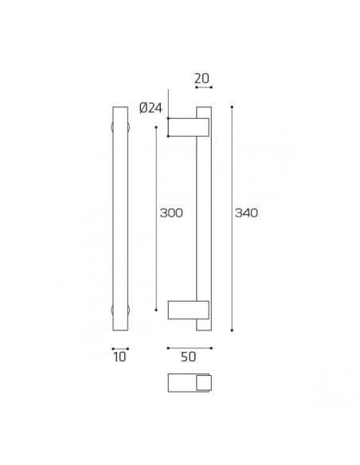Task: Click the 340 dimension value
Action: (x=246, y=213)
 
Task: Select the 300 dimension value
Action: (x=171, y=213)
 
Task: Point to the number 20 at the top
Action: (x=202, y=78)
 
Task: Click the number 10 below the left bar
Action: (x=120, y=358)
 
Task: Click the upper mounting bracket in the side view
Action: (x=188, y=127)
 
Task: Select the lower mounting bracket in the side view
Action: (x=188, y=309)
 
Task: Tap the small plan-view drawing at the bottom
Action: (x=190, y=383)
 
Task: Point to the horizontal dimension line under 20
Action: (x=203, y=88)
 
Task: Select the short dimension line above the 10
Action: (x=120, y=348)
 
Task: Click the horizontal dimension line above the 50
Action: (x=190, y=348)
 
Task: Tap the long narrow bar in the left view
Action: (x=120, y=219)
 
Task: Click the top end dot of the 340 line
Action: (x=232, y=107)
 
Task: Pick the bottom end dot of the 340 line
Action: (x=232, y=330)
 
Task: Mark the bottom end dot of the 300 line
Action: (x=156, y=310)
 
